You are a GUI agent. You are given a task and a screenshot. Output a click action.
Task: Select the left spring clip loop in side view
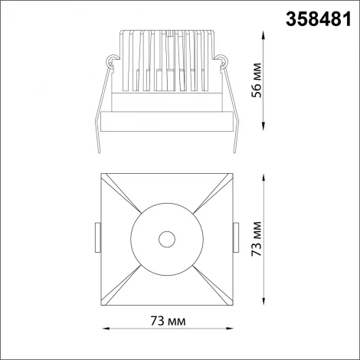[113, 60]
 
